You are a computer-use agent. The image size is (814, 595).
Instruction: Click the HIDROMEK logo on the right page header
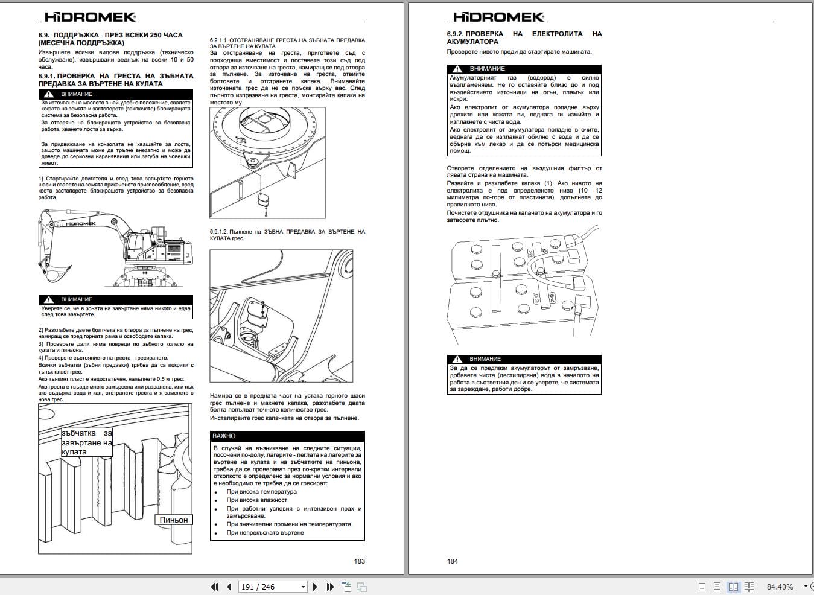point(498,17)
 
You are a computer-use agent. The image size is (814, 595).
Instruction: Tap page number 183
point(359,561)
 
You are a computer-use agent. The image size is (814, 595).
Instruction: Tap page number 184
point(453,561)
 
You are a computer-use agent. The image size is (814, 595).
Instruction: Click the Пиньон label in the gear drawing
point(173,520)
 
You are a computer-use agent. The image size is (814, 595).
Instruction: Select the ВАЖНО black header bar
point(287,436)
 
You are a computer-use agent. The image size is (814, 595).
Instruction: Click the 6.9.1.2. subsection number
point(219,232)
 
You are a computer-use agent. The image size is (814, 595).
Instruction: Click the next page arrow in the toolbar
point(315,587)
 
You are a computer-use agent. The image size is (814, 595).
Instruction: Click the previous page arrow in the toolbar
point(229,587)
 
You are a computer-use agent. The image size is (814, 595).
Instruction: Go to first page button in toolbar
point(214,587)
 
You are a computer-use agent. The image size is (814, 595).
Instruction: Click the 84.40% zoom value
point(780,587)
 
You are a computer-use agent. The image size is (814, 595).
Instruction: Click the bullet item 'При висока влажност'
point(256,500)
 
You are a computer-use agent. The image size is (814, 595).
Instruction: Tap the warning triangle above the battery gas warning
point(457,69)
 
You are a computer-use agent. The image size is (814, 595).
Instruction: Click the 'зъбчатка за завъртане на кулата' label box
point(86,442)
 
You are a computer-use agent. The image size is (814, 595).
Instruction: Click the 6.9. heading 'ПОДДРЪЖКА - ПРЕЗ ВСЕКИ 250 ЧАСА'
point(110,35)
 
